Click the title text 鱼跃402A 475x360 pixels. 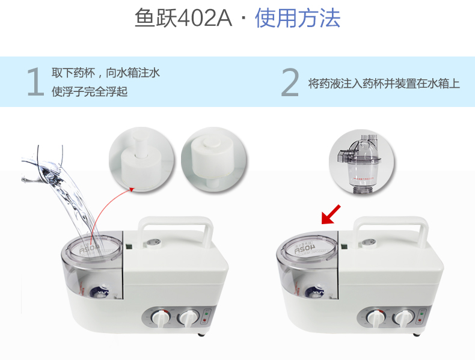183,19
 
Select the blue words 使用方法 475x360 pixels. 298,19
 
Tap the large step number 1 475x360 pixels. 35,82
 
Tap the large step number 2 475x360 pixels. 290,82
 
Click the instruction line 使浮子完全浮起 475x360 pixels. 90,92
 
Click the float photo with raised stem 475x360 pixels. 140,158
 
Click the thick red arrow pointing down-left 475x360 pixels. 331,215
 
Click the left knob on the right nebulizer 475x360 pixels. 377,318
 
